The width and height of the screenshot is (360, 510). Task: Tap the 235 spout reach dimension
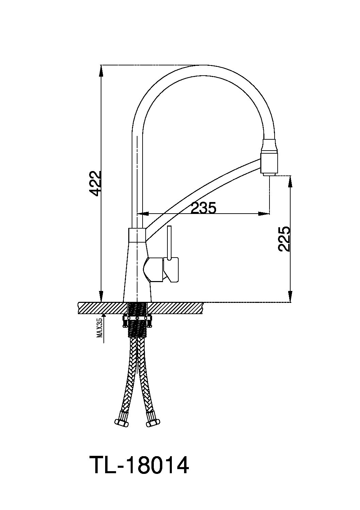click(203, 207)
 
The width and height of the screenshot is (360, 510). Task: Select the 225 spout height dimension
click(284, 239)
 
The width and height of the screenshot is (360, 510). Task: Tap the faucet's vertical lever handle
click(169, 243)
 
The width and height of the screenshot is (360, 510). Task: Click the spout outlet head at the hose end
click(269, 157)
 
